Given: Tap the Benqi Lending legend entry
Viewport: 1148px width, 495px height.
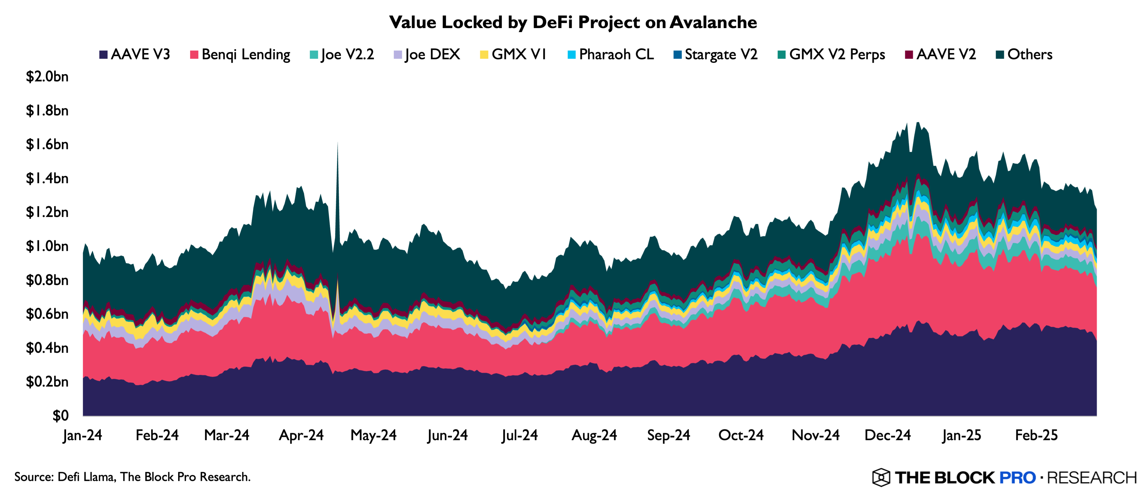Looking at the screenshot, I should coord(240,54).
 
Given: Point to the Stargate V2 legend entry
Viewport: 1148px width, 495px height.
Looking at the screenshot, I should coord(715,54).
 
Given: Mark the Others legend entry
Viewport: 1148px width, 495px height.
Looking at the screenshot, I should coord(1024,54).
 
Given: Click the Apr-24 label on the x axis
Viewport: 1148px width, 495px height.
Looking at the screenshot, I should coord(301,435).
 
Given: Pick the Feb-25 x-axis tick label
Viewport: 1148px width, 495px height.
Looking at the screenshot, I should coord(1037,435).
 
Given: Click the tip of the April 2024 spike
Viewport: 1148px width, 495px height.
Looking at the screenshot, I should coord(337,143).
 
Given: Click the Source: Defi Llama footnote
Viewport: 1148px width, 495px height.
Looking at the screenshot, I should coord(132,477).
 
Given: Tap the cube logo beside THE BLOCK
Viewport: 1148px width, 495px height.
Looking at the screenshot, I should coord(881,477).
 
